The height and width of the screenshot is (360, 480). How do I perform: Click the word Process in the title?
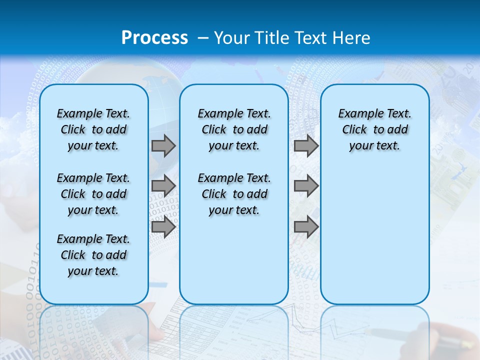point(154,38)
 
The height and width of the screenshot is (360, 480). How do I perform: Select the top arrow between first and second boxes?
point(163,146)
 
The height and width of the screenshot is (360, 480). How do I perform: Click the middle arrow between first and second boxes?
point(163,186)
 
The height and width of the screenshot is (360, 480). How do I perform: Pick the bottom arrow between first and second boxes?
point(163,227)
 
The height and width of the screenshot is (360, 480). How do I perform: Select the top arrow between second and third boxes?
point(306,146)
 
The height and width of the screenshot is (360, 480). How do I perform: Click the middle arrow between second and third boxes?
point(306,186)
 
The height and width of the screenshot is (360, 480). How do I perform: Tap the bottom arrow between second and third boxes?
point(306,227)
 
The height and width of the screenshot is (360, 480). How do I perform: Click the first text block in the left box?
point(93,129)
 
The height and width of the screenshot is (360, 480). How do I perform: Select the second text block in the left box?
point(93,194)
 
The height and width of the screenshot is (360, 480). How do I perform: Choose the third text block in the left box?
point(93,255)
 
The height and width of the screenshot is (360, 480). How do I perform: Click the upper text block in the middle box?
point(234,129)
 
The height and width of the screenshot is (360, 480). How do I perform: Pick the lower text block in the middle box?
point(234,194)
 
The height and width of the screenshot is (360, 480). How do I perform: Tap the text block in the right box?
point(374,129)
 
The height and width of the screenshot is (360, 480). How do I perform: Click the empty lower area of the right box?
point(374,240)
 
